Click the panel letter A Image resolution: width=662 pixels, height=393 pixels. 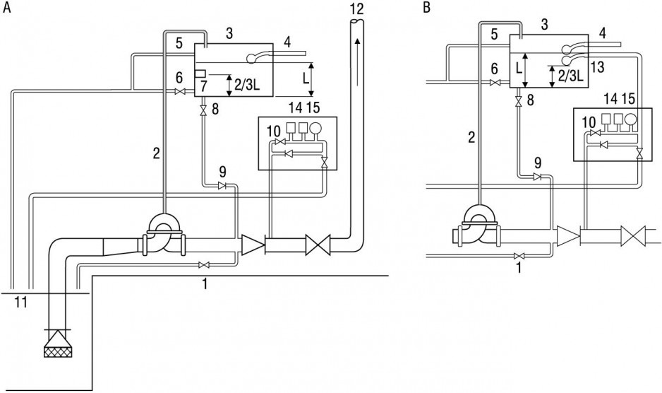point(7,8)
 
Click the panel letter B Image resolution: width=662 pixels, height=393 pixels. point(427,8)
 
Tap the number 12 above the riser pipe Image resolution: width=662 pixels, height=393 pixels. point(356,8)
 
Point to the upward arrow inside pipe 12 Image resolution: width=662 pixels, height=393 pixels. point(357,59)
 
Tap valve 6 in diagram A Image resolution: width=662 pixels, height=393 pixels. point(180,91)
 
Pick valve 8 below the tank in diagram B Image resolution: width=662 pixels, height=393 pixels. point(519,101)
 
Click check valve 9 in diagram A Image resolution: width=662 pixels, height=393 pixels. point(222,185)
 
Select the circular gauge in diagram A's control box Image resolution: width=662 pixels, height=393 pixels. point(315,128)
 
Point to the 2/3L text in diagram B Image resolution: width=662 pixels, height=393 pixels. point(570,76)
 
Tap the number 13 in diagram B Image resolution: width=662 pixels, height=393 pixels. point(597,67)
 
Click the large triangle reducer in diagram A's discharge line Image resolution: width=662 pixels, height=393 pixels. point(253,245)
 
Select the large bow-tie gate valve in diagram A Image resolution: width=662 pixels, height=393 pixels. point(318,246)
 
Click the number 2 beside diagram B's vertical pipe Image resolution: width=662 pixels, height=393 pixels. point(471,136)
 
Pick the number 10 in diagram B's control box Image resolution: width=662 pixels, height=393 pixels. point(589,123)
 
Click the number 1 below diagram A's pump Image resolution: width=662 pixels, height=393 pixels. point(205,284)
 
